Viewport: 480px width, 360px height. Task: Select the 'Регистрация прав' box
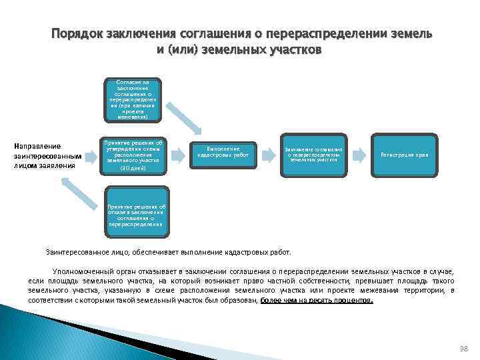[405, 155]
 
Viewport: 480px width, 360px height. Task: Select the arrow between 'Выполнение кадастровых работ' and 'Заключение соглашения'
[269, 155]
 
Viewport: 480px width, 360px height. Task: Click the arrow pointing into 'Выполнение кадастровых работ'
[179, 155]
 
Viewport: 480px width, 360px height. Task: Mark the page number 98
[464, 349]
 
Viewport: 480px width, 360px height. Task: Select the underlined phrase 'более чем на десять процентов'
[316, 301]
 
